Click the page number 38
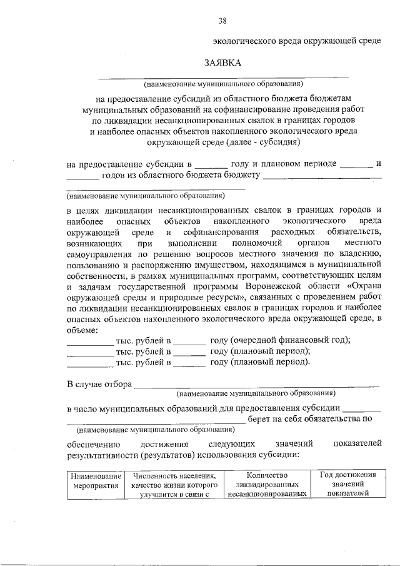pyautogui.click(x=222, y=21)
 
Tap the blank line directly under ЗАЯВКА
pyautogui.click(x=223, y=76)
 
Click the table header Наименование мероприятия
pyautogui.click(x=95, y=483)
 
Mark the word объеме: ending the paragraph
pyautogui.click(x=82, y=329)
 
